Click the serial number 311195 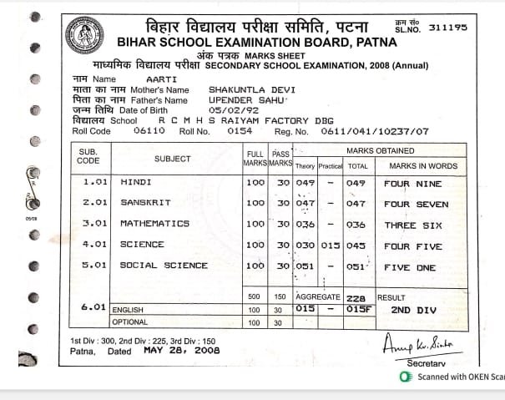[x=447, y=28]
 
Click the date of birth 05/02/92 [x=229, y=109]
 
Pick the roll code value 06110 [x=148, y=130]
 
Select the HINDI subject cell [x=137, y=183]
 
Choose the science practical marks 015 [x=331, y=245]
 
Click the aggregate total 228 [x=358, y=297]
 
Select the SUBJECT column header [x=172, y=159]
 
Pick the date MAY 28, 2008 [x=181, y=351]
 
